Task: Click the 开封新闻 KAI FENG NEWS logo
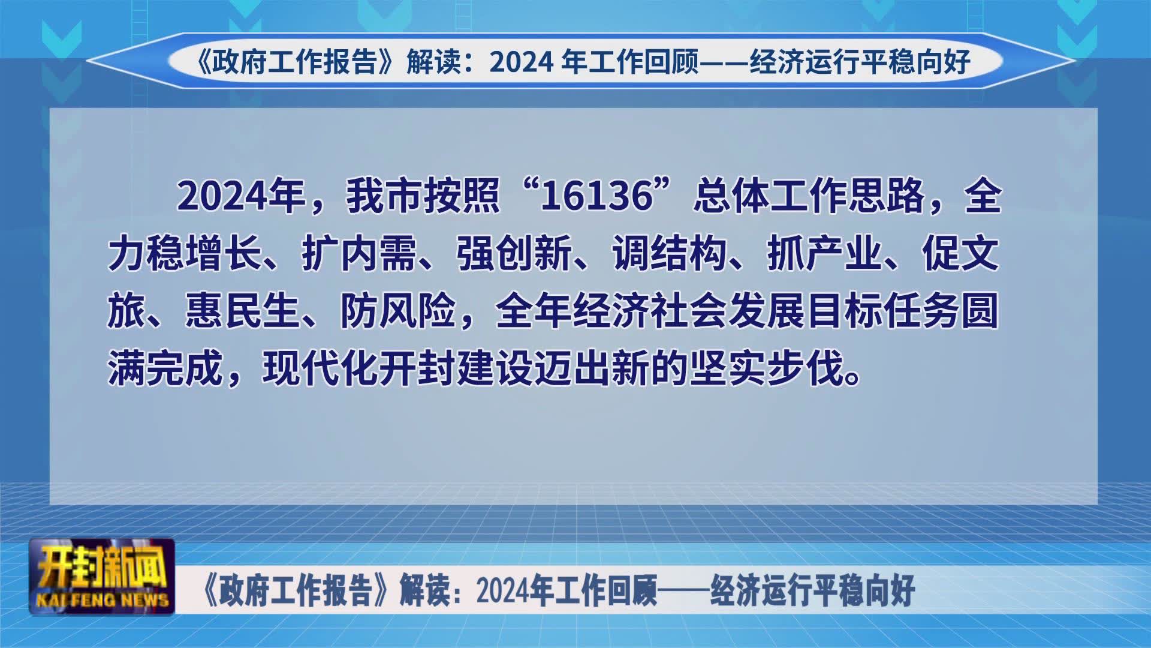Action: click(x=102, y=576)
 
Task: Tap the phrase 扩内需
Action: click(x=359, y=254)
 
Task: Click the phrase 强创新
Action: click(x=514, y=254)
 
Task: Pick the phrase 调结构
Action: click(x=670, y=254)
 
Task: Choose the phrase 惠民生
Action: click(x=243, y=311)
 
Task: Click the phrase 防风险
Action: click(x=398, y=311)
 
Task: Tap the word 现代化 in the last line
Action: click(x=321, y=369)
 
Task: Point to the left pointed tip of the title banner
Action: click(x=87, y=61)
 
